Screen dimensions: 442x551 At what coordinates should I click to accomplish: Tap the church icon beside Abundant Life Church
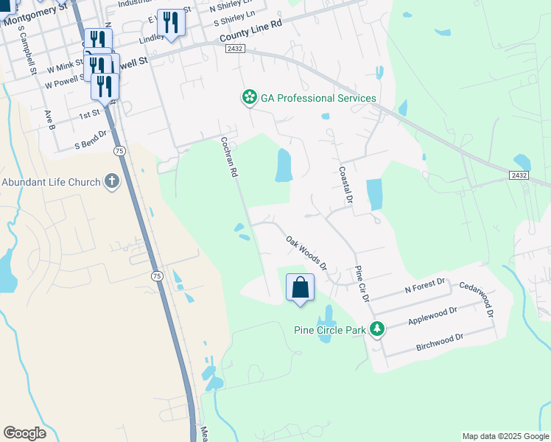(x=112, y=181)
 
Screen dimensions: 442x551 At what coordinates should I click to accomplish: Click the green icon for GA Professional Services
(x=250, y=97)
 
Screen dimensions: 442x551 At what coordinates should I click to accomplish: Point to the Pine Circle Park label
(x=329, y=329)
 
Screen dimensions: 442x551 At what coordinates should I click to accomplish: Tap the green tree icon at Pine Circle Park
(x=377, y=329)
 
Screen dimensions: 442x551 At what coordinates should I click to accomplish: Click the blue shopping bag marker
(x=300, y=288)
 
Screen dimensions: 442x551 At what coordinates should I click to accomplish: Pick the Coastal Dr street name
(x=345, y=185)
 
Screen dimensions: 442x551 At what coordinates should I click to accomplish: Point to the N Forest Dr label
(x=425, y=282)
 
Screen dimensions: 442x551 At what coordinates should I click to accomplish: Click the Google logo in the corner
(x=24, y=433)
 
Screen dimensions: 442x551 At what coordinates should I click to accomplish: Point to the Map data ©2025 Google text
(x=505, y=436)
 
